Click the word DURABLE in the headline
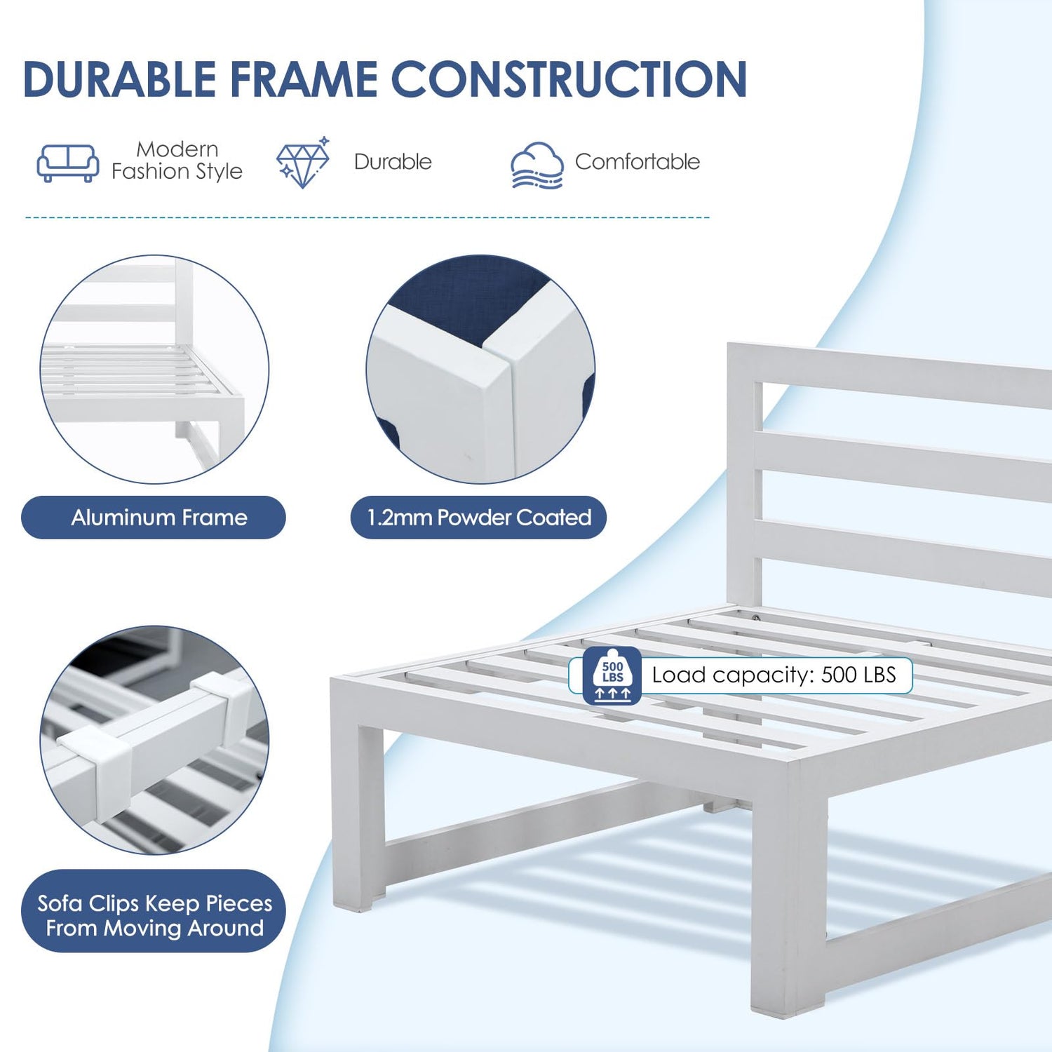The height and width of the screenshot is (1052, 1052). tap(120, 79)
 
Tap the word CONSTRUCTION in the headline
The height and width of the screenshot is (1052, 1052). tap(569, 79)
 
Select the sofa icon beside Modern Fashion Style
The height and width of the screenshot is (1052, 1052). tap(67, 163)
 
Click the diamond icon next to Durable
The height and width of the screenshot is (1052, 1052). tap(303, 162)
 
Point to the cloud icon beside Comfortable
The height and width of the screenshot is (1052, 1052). tap(537, 166)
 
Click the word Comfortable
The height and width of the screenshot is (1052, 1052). tap(638, 162)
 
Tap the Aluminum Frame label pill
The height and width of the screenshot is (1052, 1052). tap(154, 518)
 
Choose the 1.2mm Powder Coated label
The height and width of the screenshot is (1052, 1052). tap(478, 518)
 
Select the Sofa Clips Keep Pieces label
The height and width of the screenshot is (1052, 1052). tap(154, 911)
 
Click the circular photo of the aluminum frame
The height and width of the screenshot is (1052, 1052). tap(154, 369)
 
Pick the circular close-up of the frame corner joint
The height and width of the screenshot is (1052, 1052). tap(480, 369)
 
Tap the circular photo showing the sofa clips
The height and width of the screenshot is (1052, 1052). tap(154, 740)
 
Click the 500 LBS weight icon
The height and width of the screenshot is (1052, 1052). tap(612, 675)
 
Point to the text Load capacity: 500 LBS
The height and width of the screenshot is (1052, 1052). tap(774, 675)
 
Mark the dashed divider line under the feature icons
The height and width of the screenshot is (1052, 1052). tap(367, 217)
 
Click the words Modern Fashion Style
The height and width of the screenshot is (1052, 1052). tap(177, 161)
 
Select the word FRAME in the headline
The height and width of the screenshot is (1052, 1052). tap(304, 79)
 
